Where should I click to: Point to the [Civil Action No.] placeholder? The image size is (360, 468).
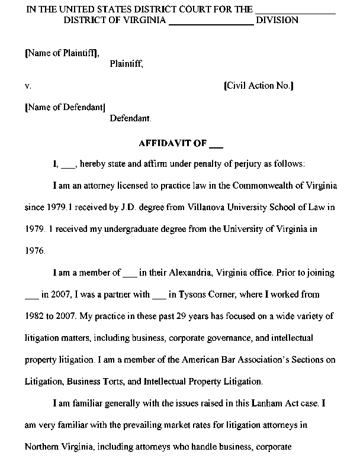click(259, 86)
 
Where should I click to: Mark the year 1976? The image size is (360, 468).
click(35, 251)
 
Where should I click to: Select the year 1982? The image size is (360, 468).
click(35, 317)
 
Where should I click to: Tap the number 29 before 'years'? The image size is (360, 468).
click(170, 317)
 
